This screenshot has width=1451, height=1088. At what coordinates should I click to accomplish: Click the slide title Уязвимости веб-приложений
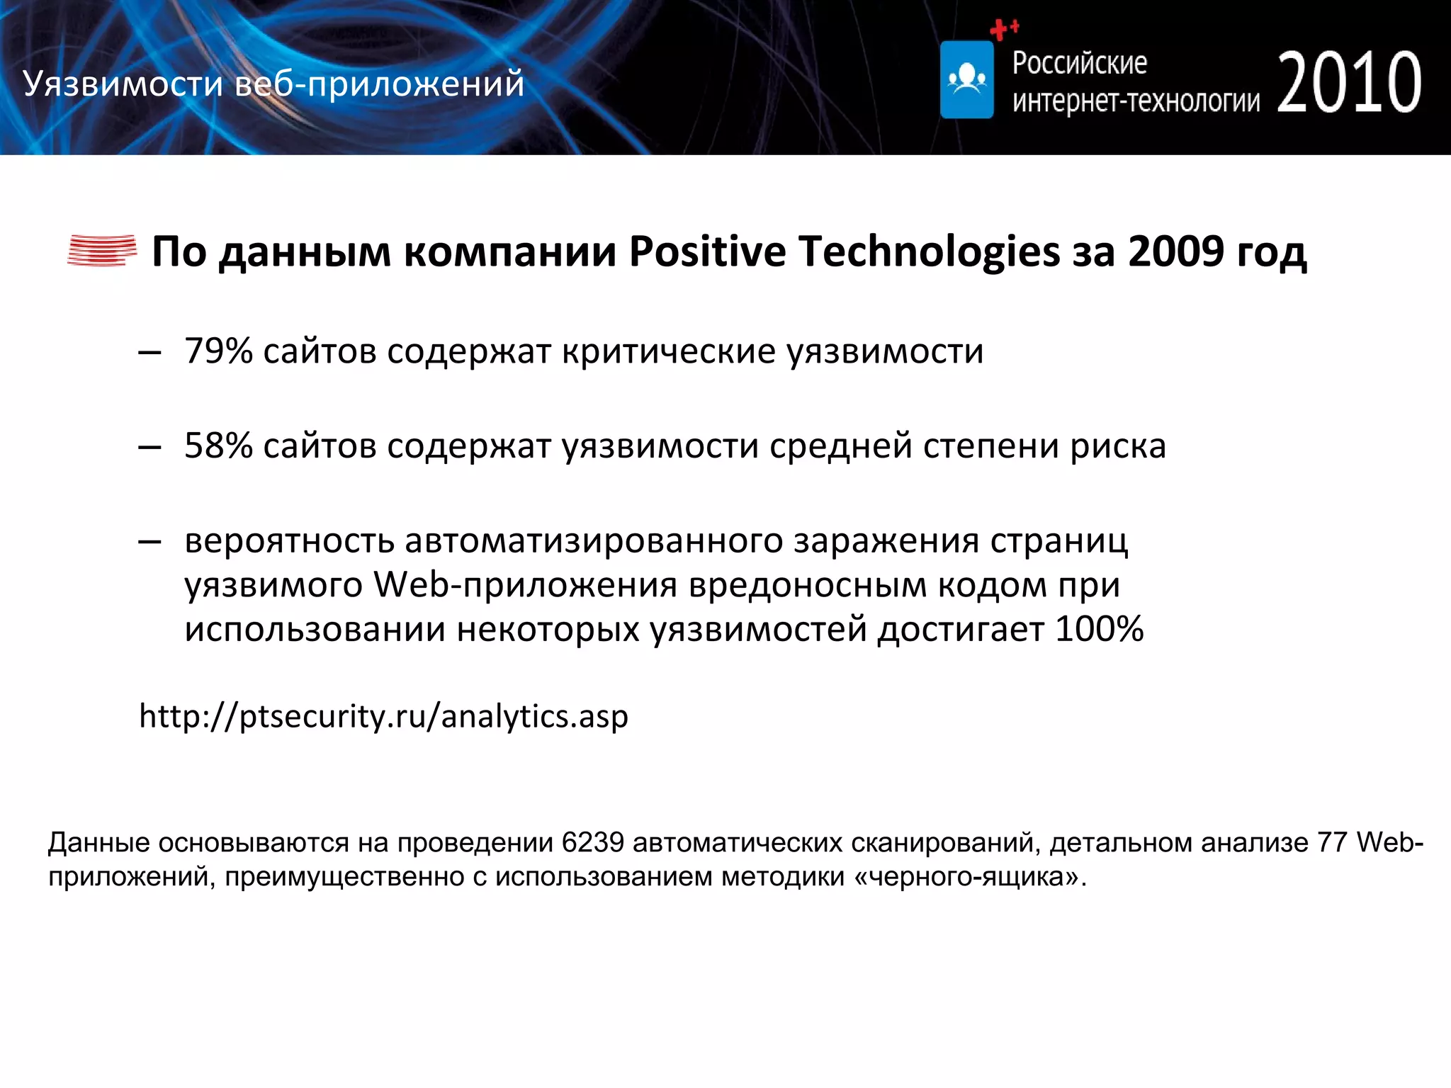(x=273, y=84)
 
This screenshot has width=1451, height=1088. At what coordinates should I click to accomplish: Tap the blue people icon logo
(x=966, y=79)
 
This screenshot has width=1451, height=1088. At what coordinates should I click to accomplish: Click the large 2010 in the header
(x=1349, y=83)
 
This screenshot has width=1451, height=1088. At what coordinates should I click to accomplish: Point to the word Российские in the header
(x=1079, y=63)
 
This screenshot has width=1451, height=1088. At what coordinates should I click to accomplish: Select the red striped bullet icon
(x=102, y=251)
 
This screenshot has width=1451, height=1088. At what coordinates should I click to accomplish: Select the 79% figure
(x=218, y=351)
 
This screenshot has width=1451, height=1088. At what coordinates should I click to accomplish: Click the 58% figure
(x=218, y=446)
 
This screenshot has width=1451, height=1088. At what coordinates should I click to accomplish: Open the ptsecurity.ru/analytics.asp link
(x=383, y=716)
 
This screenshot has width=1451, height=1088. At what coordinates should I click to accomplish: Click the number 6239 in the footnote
(x=592, y=843)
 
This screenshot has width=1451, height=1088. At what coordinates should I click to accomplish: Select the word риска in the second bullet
(x=1117, y=446)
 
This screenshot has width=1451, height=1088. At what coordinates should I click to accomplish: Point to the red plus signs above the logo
(x=1004, y=29)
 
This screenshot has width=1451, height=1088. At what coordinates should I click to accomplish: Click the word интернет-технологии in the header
(x=1136, y=101)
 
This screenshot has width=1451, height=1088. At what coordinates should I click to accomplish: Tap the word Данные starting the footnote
(x=99, y=843)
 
